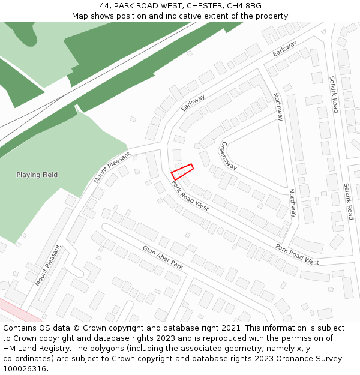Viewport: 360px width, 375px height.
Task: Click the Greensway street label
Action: pyautogui.click(x=229, y=156)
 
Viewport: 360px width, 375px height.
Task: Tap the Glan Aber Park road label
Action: pyautogui.click(x=162, y=257)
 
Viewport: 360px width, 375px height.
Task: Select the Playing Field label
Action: pyautogui.click(x=37, y=175)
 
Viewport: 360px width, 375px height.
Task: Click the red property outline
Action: pyautogui.click(x=182, y=171)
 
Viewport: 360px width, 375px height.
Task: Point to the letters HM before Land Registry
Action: pyautogui.click(x=10, y=349)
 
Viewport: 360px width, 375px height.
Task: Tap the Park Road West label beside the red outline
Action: pyautogui.click(x=190, y=196)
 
